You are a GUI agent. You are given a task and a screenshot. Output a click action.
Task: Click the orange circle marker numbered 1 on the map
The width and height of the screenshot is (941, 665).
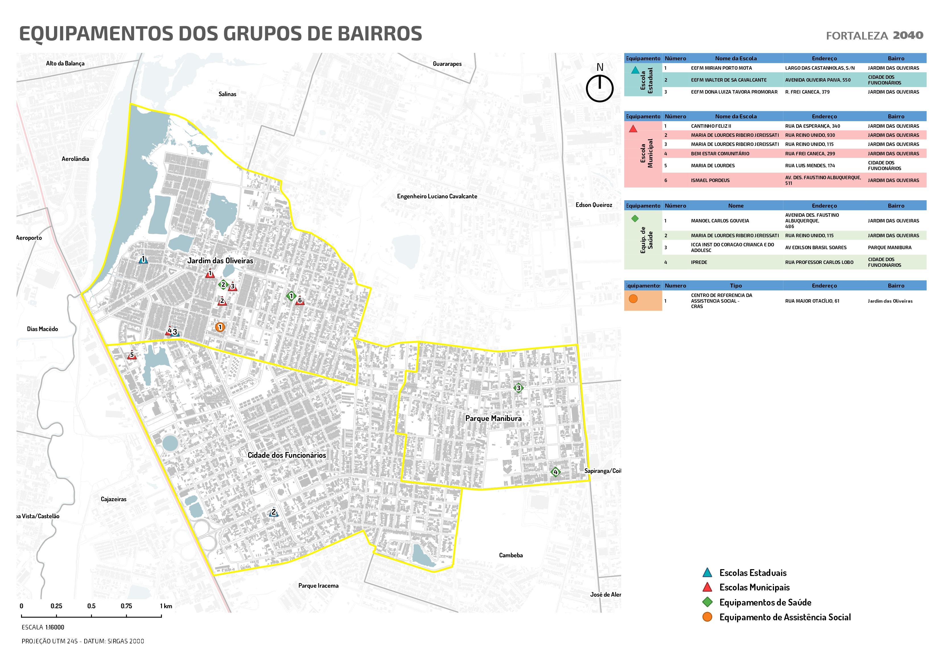(220, 327)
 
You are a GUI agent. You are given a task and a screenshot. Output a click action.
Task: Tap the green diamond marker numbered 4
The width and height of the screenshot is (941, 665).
(555, 472)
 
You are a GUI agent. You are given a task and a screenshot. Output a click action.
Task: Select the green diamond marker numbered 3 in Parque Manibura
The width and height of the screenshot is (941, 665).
(518, 388)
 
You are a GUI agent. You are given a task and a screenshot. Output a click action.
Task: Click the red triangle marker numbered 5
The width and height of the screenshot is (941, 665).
(131, 355)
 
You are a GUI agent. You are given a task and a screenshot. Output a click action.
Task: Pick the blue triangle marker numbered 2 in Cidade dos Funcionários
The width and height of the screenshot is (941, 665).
(274, 513)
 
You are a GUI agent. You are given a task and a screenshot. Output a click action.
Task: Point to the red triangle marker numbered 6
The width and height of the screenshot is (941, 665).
(300, 300)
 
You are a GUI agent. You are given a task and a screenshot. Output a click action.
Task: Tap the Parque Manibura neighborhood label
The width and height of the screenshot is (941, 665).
(493, 418)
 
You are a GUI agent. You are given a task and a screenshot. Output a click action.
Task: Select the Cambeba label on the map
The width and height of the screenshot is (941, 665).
(511, 555)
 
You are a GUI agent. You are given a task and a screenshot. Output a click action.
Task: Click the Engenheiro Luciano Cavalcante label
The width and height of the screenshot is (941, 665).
(437, 196)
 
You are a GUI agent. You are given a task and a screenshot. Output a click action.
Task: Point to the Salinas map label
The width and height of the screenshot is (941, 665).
(227, 94)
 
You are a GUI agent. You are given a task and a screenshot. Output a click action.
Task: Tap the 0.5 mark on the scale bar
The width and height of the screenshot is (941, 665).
(91, 606)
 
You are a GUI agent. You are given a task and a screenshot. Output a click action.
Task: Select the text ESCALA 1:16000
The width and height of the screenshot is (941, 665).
(43, 627)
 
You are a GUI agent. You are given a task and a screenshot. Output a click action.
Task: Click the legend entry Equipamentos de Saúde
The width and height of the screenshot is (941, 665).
(765, 602)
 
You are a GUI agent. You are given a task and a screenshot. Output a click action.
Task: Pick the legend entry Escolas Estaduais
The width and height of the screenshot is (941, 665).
(752, 573)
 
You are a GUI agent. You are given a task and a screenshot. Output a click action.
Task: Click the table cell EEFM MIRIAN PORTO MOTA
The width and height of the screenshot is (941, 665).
(721, 68)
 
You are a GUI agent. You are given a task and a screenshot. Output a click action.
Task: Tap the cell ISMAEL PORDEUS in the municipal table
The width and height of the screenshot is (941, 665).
(710, 180)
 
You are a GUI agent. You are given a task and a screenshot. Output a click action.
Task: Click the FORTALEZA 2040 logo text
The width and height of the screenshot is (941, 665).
(874, 36)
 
